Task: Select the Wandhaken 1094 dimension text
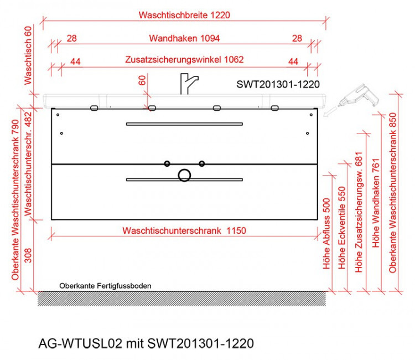point(185,38)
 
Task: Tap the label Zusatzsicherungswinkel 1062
point(185,59)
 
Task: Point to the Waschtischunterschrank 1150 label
point(185,230)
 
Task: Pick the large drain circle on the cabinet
point(184,176)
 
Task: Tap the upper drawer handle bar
point(184,124)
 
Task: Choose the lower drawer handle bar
point(184,179)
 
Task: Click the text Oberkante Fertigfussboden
point(105,286)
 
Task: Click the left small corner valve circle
point(167,163)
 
